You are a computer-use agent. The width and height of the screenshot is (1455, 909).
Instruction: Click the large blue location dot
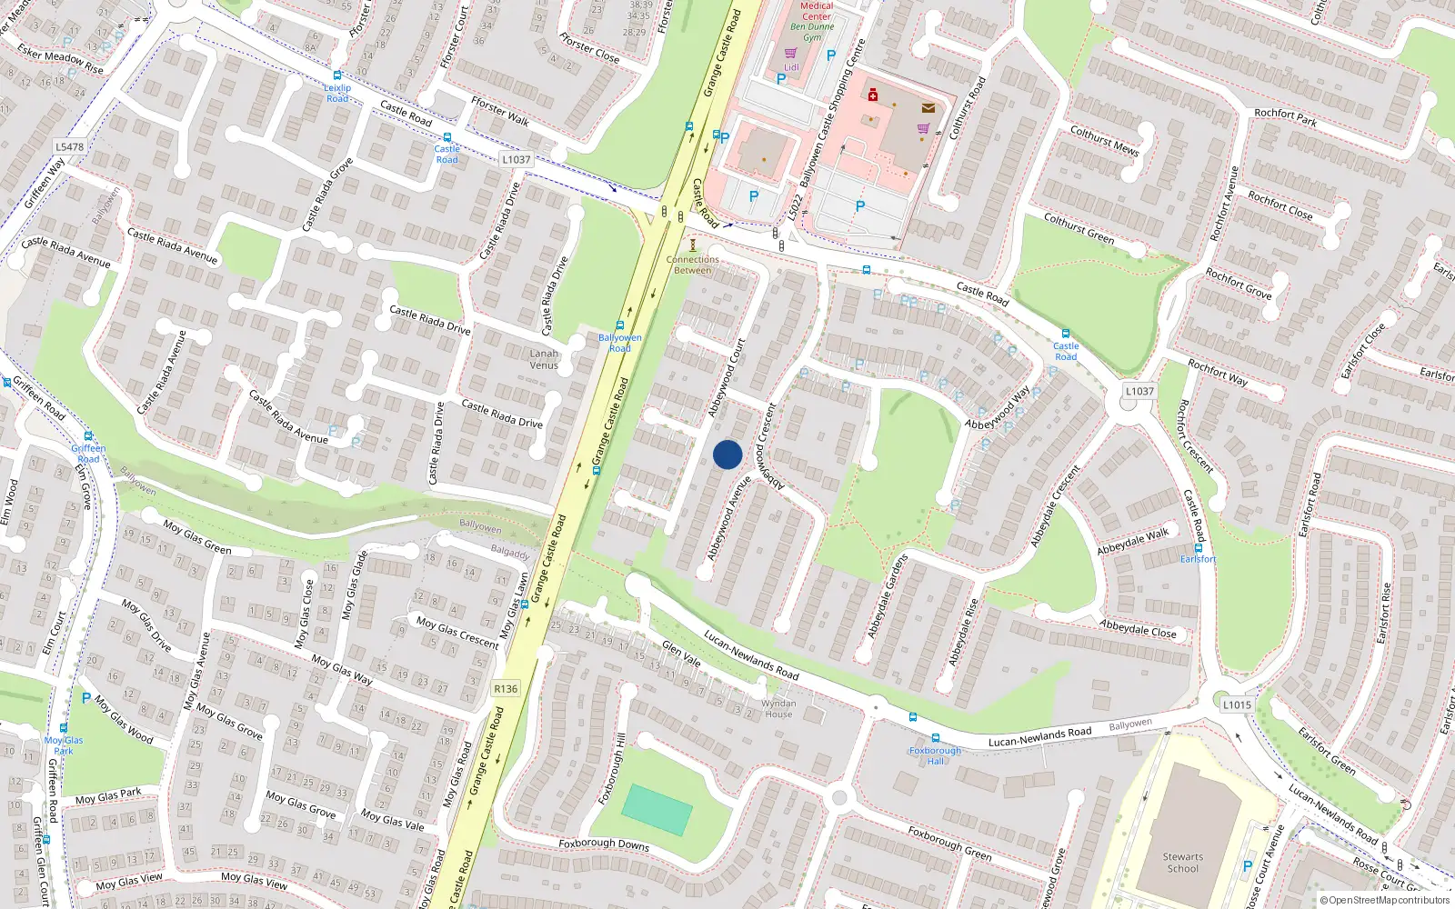pos(727,454)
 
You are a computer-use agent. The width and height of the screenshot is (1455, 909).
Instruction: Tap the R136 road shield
pos(506,688)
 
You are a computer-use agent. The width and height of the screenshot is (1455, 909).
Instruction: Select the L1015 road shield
pos(1237,704)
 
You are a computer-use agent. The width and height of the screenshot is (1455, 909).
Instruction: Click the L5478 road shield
pos(69,146)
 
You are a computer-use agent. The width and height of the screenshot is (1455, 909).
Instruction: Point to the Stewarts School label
pos(1183,863)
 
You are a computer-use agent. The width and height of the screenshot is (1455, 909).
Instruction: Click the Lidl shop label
pos(791,66)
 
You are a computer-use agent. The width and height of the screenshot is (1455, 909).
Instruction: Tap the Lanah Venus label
pos(544,359)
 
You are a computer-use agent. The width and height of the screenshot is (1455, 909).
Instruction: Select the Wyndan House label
pos(778,708)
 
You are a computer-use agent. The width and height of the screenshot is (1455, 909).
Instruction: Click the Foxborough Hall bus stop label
pos(935,755)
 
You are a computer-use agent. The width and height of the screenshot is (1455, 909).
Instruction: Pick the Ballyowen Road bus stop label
pos(620,343)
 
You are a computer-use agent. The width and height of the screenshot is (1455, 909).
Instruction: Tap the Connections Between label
pos(693,265)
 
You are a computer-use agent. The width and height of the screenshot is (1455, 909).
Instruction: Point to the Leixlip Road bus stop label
pos(337,93)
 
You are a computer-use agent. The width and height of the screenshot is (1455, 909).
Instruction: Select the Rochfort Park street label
pos(1285,116)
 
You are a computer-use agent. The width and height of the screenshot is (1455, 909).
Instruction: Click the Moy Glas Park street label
pos(108,796)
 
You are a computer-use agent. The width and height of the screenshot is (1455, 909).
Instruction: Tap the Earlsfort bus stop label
pos(1198,558)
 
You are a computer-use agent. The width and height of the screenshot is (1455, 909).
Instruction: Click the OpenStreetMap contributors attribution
pos(1384,900)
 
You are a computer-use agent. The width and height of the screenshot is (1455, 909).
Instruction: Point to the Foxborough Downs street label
pos(604,844)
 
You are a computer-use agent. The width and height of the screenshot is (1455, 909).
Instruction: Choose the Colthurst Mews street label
pos(1104,140)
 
